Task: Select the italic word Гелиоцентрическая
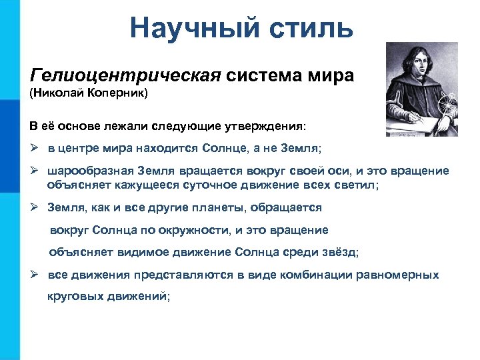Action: click(x=125, y=75)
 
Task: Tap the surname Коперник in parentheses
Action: click(x=117, y=93)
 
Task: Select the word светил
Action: click(x=358, y=185)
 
